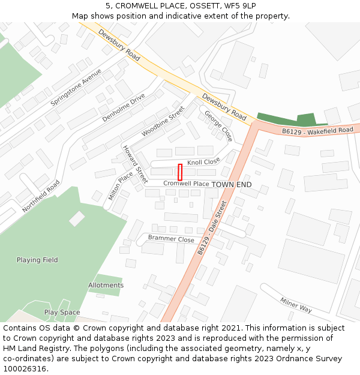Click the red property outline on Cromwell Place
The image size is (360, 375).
(x=180, y=172)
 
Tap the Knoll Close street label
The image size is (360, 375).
(x=203, y=162)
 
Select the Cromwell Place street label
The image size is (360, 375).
(x=186, y=184)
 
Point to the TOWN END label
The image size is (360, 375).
(x=232, y=184)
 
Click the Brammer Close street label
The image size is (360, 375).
(x=171, y=239)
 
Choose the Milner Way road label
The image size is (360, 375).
(x=295, y=305)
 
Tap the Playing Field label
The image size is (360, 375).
(x=37, y=260)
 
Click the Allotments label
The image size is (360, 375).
(x=106, y=285)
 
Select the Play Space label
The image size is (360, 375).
(x=62, y=313)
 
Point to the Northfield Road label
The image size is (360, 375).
(x=41, y=196)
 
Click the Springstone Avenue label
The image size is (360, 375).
(x=76, y=88)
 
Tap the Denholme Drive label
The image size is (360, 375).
(x=124, y=107)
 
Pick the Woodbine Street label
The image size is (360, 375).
(x=163, y=121)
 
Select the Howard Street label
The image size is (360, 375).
(x=135, y=164)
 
